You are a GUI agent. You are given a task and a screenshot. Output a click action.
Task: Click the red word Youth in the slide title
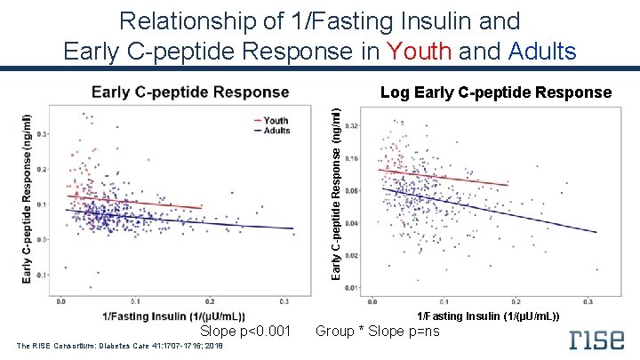(x=414, y=51)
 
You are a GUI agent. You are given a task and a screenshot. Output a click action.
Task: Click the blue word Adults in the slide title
(x=543, y=51)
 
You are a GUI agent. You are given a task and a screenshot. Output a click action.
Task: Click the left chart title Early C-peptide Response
(x=190, y=92)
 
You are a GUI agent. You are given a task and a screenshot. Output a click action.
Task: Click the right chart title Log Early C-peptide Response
(x=495, y=92)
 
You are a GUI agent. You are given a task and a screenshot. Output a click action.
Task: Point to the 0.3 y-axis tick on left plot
(x=42, y=134)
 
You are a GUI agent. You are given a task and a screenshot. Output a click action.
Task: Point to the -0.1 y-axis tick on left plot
(x=40, y=275)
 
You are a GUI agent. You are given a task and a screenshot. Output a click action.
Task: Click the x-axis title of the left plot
(x=174, y=316)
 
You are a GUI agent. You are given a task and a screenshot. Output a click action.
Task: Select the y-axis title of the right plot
(x=335, y=191)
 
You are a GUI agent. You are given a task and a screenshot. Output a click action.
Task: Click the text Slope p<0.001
(x=245, y=332)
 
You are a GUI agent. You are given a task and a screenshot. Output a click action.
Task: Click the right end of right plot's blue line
(x=595, y=232)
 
